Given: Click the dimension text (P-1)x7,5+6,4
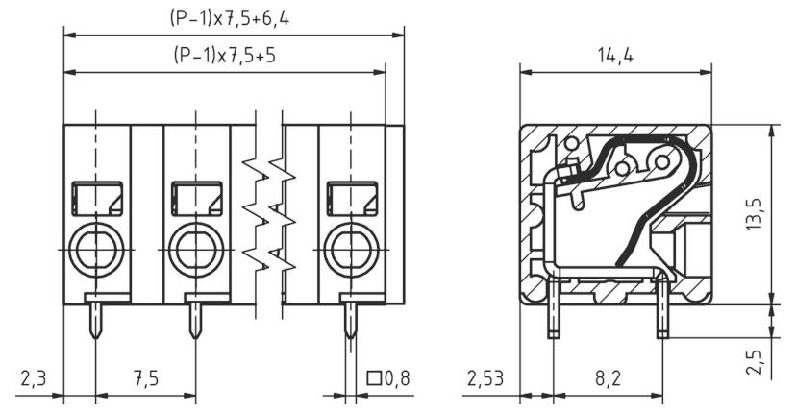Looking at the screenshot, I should [233, 18].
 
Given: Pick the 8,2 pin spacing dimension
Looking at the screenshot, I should [608, 379].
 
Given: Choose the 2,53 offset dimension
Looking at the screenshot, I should [486, 379].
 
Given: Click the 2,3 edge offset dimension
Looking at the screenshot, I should [32, 379].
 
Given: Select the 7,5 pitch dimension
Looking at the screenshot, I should [145, 379].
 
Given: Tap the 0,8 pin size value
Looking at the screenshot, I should [396, 379].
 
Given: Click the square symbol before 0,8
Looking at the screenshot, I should [373, 379].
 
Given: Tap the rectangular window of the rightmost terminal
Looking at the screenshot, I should [347, 199].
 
